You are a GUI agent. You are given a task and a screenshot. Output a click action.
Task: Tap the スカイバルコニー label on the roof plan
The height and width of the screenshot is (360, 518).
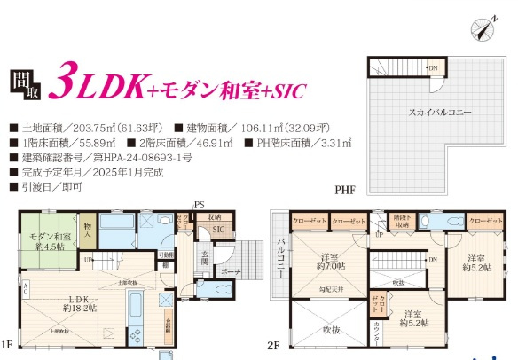point(440,113)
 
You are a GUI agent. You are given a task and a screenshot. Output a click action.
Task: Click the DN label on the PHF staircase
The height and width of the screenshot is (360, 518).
point(434,67)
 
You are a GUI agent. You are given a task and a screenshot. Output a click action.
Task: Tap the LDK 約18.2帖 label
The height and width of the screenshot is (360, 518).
point(79,303)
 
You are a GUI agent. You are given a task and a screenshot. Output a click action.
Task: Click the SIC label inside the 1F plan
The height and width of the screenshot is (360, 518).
point(217,230)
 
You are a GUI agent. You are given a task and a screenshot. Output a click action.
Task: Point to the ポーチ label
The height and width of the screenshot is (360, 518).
point(230,271)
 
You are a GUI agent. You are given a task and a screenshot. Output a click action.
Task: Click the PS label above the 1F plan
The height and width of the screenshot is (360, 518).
point(200,205)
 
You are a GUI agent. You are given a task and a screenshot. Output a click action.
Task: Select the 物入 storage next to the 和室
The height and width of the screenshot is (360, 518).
point(87,230)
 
